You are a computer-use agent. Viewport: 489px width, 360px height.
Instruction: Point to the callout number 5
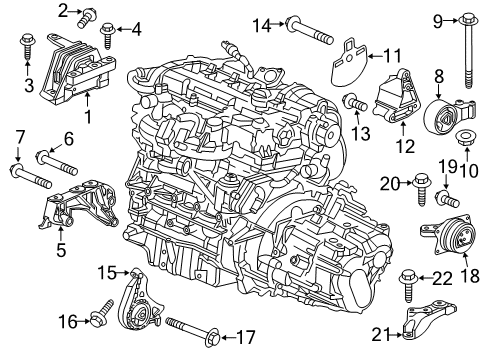[61, 248]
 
